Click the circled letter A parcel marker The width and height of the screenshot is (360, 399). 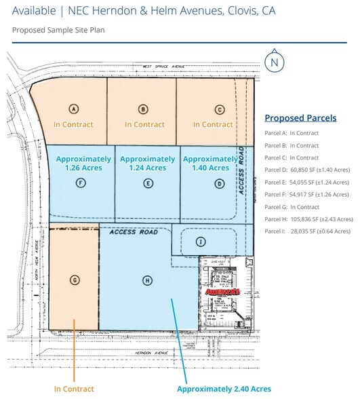75,109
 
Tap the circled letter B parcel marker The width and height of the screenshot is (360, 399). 143,109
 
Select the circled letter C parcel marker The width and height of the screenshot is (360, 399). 219,109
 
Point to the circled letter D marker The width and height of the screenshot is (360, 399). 219,183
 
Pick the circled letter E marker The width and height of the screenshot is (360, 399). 148,183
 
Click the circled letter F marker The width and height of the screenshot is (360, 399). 81,183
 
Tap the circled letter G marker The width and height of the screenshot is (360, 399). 75,280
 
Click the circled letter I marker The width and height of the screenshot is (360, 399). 201,242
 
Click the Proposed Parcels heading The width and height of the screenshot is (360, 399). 300,118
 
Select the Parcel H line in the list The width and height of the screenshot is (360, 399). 308,219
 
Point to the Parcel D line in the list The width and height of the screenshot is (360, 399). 308,170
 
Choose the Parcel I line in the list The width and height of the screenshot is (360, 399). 308,231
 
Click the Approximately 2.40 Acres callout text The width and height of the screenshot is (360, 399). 224,389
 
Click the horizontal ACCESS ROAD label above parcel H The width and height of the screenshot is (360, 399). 134,232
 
